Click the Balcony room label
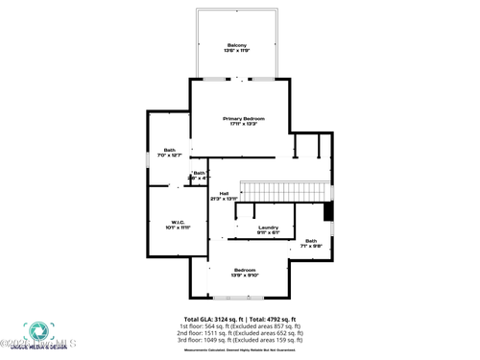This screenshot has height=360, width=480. click(236, 45)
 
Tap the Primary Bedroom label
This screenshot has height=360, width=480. click(243, 118)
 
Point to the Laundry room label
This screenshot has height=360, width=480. click(268, 227)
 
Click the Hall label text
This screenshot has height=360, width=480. click(224, 193)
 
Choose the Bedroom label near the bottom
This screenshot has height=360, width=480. click(244, 270)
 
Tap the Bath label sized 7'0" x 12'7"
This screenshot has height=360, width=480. click(170, 150)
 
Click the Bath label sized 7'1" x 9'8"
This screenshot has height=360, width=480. click(311, 241)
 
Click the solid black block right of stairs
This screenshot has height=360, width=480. click(327, 211)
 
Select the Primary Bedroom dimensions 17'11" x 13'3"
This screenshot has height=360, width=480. click(243, 124)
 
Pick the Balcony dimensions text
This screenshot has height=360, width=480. click(236, 51)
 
